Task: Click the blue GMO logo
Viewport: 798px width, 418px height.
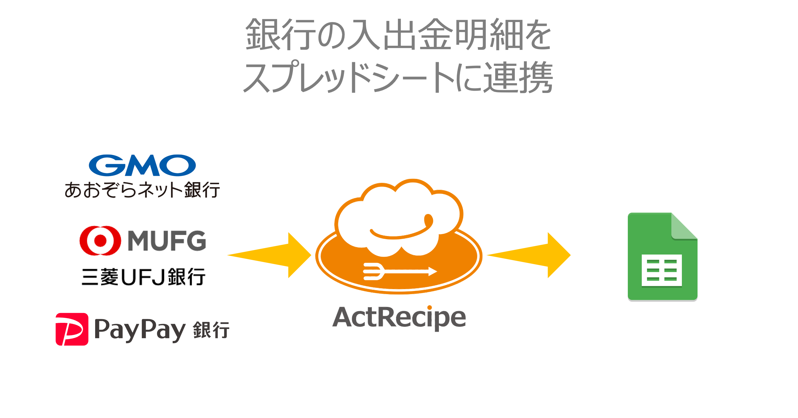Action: pyautogui.click(x=142, y=165)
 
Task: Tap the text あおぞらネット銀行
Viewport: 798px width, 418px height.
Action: pyautogui.click(x=142, y=190)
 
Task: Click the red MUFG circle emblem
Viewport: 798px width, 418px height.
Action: pyautogui.click(x=100, y=241)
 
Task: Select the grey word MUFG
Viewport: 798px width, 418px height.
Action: pyautogui.click(x=167, y=241)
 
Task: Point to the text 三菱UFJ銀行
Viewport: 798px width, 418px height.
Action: pyautogui.click(x=143, y=277)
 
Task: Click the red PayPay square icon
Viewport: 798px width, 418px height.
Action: pyautogui.click(x=72, y=329)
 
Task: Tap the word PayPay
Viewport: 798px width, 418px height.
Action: pyautogui.click(x=140, y=330)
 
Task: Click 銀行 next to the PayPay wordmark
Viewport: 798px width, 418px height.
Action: pyautogui.click(x=211, y=330)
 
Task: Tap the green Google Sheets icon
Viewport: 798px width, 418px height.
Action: pyautogui.click(x=662, y=256)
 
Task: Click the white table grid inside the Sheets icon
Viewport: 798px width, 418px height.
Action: pyautogui.click(x=662, y=270)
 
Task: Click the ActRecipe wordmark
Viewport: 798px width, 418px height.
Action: pyautogui.click(x=399, y=318)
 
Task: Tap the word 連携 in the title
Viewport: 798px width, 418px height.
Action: pyautogui.click(x=518, y=77)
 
